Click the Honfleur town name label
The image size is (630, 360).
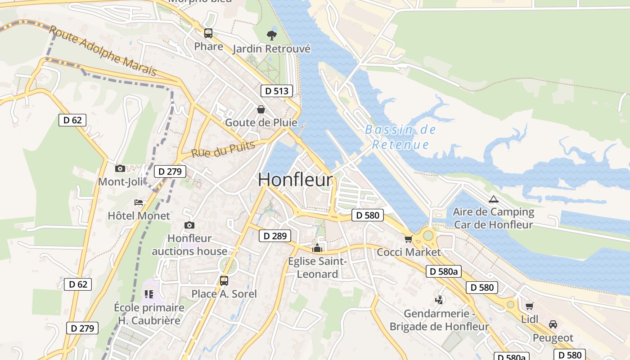click(x=296, y=180)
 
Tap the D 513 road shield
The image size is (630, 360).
click(x=276, y=91)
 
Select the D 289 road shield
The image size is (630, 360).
click(x=274, y=236)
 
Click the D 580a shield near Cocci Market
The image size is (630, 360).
click(x=443, y=271)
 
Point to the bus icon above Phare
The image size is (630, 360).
click(x=208, y=33)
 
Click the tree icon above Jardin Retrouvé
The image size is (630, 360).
click(x=271, y=35)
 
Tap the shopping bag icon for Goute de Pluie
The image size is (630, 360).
click(x=261, y=109)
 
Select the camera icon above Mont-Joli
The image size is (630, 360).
click(x=120, y=169)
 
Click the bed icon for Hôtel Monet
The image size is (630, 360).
click(x=139, y=202)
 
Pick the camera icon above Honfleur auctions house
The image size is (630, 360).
click(x=189, y=225)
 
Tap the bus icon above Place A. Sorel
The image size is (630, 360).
click(x=224, y=281)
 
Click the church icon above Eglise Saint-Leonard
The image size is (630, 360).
click(x=317, y=248)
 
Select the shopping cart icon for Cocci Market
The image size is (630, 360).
click(x=408, y=239)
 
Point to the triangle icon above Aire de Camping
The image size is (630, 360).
click(x=493, y=199)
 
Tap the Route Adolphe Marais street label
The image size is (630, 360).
click(x=103, y=51)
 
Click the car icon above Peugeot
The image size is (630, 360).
click(x=553, y=324)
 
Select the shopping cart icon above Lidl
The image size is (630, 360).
click(x=529, y=306)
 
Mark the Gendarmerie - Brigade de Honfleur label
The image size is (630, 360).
click(x=439, y=320)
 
